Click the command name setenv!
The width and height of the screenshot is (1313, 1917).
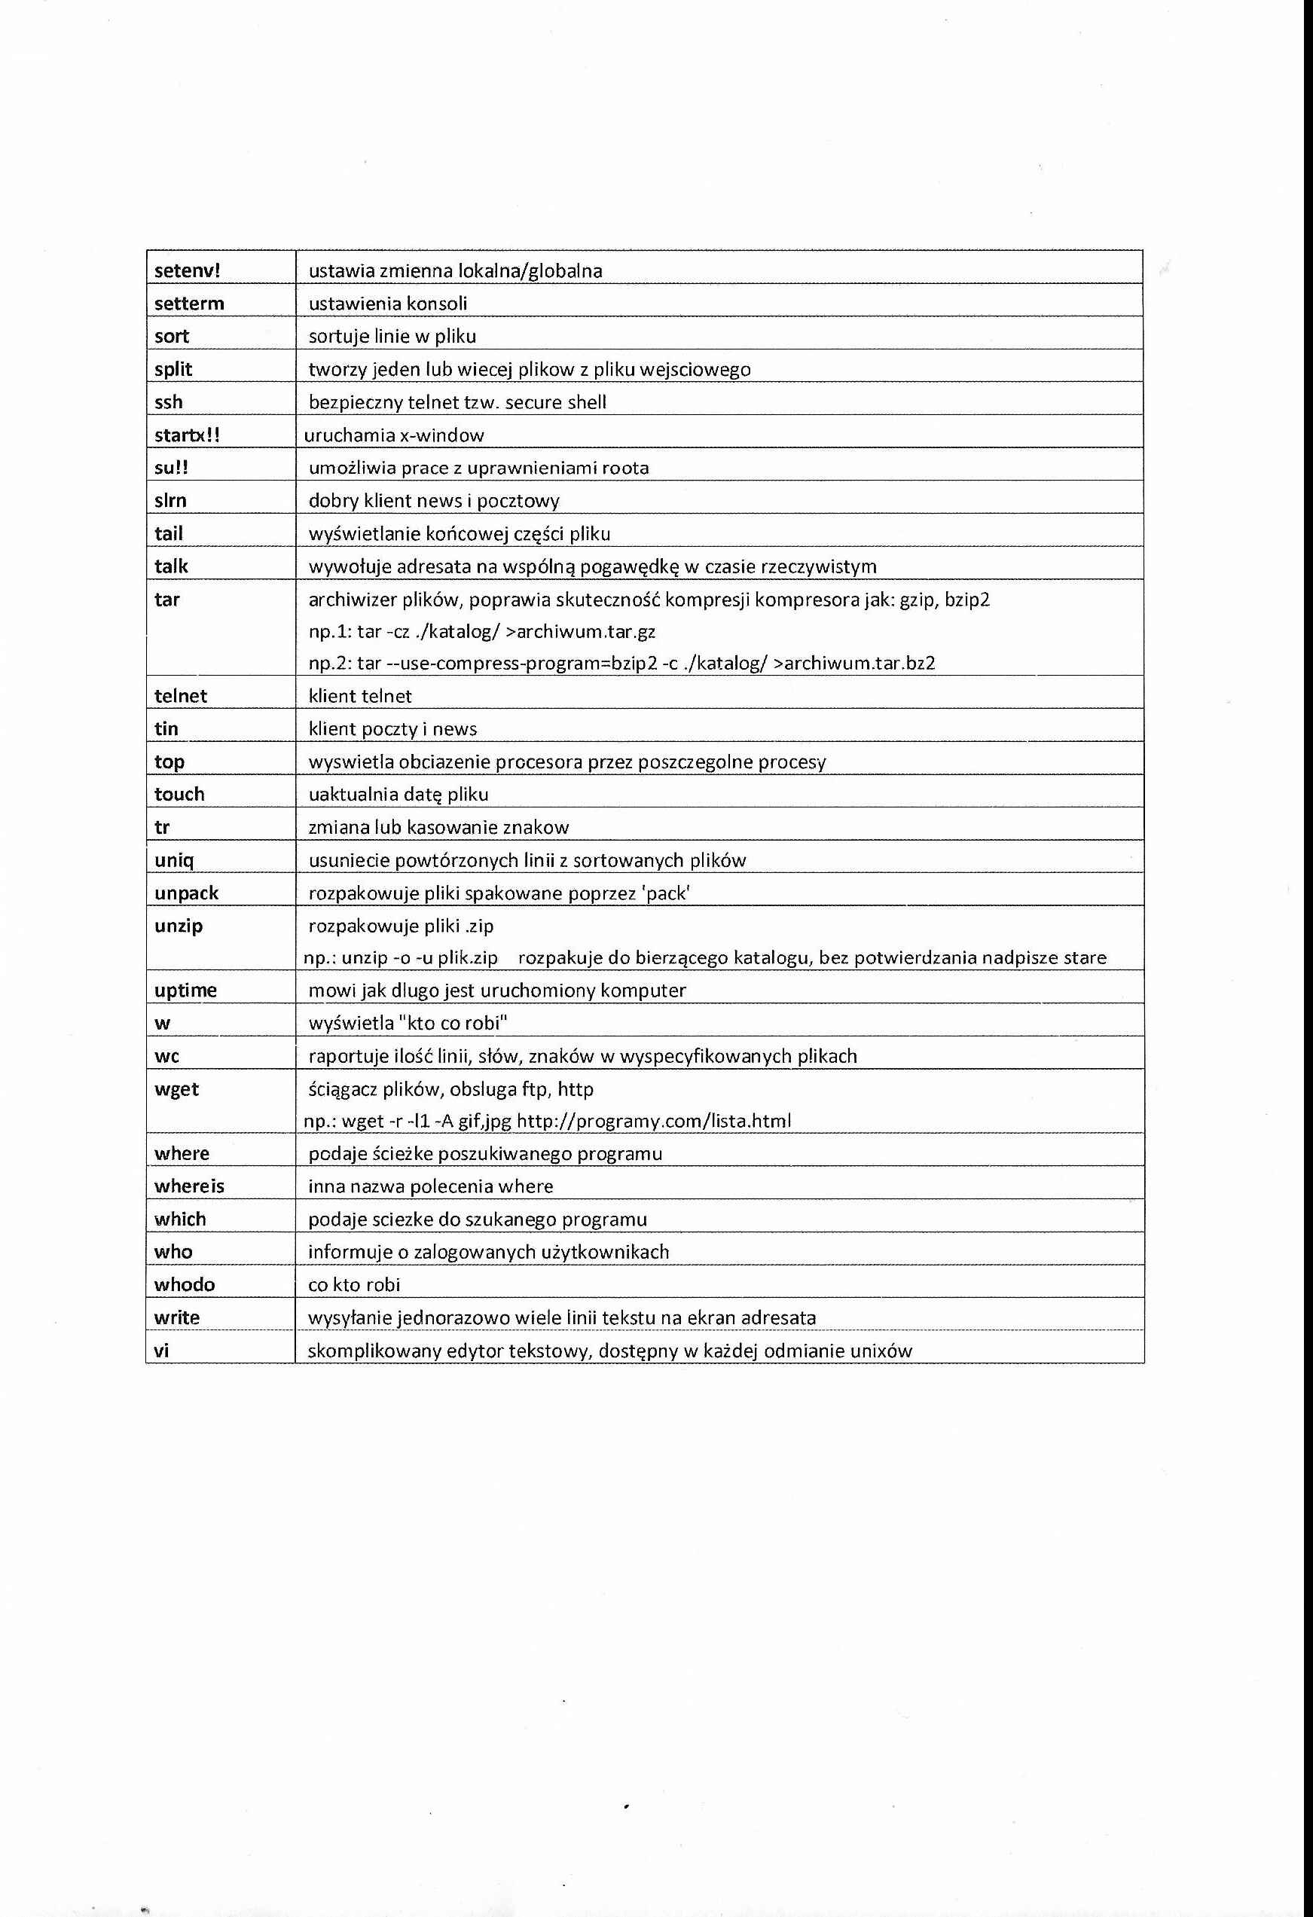pos(188,270)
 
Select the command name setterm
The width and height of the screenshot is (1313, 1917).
pos(189,304)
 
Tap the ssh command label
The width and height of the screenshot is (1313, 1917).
pos(168,402)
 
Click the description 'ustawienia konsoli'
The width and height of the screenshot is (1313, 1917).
pos(388,304)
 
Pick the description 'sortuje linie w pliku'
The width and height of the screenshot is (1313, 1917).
pos(392,337)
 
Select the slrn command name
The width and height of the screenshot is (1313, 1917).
pos(170,501)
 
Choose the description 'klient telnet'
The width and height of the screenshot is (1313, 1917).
pos(359,696)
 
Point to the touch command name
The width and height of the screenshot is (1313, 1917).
pos(179,795)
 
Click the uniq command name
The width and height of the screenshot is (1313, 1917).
pos(174,860)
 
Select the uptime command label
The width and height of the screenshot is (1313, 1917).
pos(185,991)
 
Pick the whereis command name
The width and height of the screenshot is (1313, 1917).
pos(189,1186)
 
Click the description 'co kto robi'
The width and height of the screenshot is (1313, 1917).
pos(354,1284)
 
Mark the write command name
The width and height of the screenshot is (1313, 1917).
pos(176,1317)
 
